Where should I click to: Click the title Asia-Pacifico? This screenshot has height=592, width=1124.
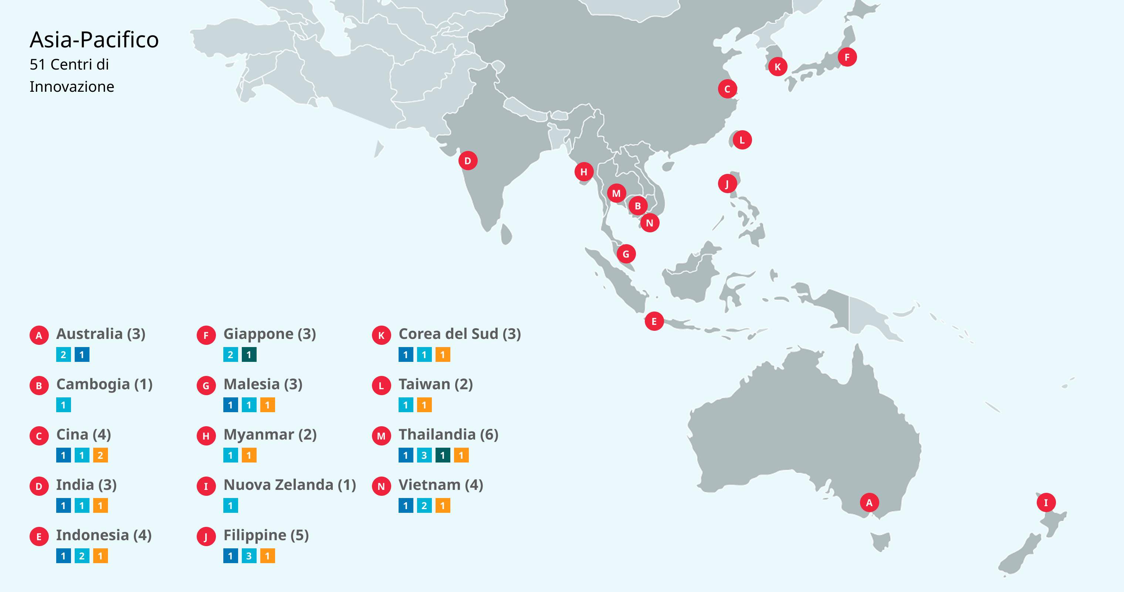pyautogui.click(x=94, y=40)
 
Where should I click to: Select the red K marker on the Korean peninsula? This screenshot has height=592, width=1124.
pyautogui.click(x=778, y=67)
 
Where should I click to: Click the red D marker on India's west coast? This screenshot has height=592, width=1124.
pyautogui.click(x=468, y=161)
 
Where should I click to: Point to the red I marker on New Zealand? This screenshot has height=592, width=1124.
pyautogui.click(x=1046, y=502)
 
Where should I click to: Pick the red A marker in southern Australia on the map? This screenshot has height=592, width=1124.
pyautogui.click(x=869, y=502)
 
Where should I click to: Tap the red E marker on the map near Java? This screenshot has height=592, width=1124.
pyautogui.click(x=654, y=321)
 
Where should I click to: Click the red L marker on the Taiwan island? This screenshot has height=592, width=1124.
pyautogui.click(x=742, y=140)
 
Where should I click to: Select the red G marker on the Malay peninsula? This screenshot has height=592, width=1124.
pyautogui.click(x=626, y=254)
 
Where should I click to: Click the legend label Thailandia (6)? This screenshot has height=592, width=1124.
pyautogui.click(x=448, y=434)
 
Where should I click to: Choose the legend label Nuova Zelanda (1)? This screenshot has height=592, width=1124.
pyautogui.click(x=289, y=485)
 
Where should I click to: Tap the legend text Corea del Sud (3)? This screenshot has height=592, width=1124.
pyautogui.click(x=460, y=334)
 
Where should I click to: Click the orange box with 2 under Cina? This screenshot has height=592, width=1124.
pyautogui.click(x=100, y=455)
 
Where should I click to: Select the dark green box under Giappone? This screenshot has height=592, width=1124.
pyautogui.click(x=249, y=355)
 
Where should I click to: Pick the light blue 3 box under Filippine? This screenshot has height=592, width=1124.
pyautogui.click(x=249, y=556)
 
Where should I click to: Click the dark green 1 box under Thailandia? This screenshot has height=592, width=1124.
pyautogui.click(x=443, y=455)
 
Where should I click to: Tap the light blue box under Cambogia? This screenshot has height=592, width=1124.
pyautogui.click(x=63, y=405)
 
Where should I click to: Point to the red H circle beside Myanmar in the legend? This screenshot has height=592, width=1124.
pyautogui.click(x=206, y=436)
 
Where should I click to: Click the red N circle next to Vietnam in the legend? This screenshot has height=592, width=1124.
pyautogui.click(x=381, y=486)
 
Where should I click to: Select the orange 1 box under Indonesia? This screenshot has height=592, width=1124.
pyautogui.click(x=100, y=556)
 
